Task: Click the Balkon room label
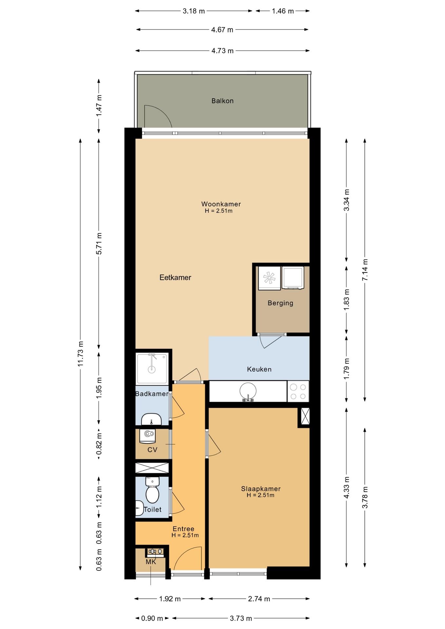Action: point(222,101)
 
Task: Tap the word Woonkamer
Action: point(221,204)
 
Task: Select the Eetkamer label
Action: point(175,277)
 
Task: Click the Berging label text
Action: point(280,303)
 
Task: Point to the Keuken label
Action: point(259,369)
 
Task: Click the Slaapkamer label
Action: point(261,489)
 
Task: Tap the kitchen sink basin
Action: point(248,391)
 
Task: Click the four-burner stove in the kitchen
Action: point(298,391)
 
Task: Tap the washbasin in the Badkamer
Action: point(151,419)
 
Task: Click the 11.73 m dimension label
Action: point(81,354)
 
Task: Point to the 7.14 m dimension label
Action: point(365,270)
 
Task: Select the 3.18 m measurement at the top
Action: point(194,11)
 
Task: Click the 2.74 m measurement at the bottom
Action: point(259,599)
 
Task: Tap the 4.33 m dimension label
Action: point(347,487)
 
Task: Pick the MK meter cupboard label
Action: point(151,562)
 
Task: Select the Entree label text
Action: point(184,529)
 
